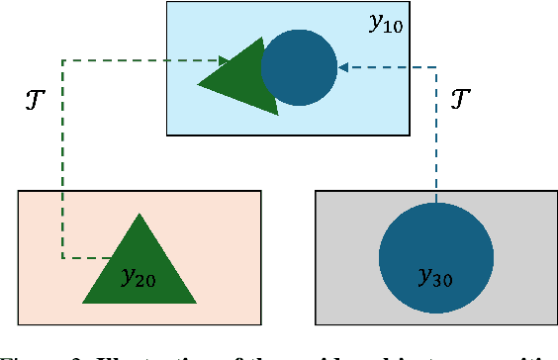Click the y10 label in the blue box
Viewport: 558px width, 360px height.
(x=385, y=24)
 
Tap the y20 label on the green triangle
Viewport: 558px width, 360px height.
(x=138, y=278)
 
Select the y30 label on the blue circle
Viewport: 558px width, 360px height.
(x=435, y=278)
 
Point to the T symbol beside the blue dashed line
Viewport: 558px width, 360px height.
(x=460, y=98)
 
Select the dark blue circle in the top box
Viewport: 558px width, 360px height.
(x=299, y=67)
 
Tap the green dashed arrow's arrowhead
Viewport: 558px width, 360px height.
(x=227, y=60)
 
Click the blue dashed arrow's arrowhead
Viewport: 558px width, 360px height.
(x=343, y=67)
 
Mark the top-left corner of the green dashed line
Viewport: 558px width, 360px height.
(x=62, y=60)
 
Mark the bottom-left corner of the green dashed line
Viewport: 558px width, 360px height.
(x=62, y=259)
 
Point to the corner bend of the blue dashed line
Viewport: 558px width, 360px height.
(x=435, y=67)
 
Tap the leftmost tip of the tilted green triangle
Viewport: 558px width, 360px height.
(x=199, y=83)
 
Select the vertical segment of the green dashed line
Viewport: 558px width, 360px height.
(x=62, y=158)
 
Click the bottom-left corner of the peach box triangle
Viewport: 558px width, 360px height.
(x=83, y=302)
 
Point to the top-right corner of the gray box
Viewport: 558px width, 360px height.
(x=557, y=191)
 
